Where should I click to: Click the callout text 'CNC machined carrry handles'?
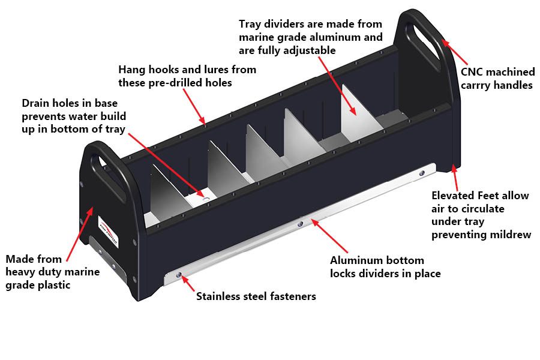[x=497, y=79]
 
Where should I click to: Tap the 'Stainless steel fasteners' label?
[x=256, y=296]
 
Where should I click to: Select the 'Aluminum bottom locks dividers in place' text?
[x=386, y=267]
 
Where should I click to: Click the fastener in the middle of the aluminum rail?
[x=301, y=224]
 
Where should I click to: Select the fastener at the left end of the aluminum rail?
[x=178, y=275]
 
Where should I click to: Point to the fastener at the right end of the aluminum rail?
[x=421, y=173]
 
